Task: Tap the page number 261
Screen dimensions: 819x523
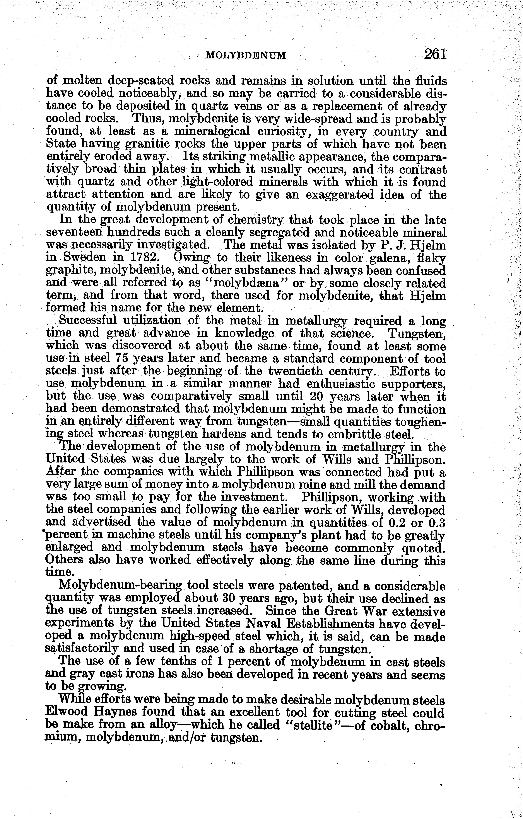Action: point(435,54)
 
